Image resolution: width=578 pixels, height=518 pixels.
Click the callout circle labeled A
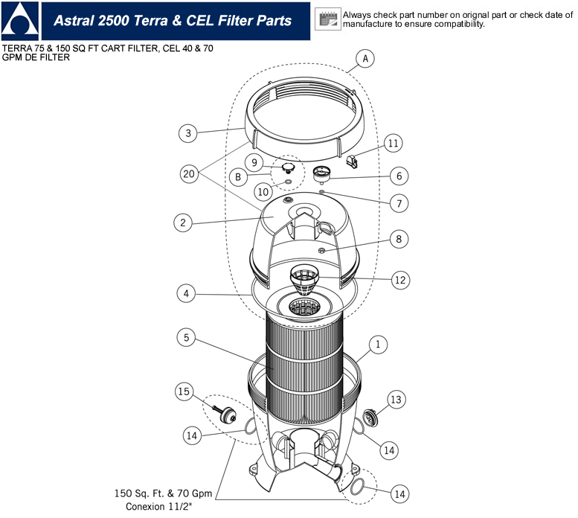pos(364,57)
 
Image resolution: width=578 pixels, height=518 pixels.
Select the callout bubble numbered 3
pos(189,133)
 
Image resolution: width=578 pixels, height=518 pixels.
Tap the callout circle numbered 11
pos(394,142)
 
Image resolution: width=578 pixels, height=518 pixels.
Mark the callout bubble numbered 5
pos(187,337)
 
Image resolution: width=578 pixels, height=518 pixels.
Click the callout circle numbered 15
pos(185,391)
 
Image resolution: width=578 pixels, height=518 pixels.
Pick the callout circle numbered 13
pos(396,400)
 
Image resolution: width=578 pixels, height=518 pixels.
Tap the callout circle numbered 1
pos(378,345)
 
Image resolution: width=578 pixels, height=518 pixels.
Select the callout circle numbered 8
pos(399,239)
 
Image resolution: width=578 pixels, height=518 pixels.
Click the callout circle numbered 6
pos(399,176)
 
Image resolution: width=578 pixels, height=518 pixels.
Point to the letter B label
pos(237,177)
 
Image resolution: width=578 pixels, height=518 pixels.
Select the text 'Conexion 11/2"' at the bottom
pos(159,507)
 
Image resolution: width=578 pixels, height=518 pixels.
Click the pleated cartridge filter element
pos(304,357)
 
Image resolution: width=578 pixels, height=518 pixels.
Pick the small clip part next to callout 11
pos(355,159)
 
